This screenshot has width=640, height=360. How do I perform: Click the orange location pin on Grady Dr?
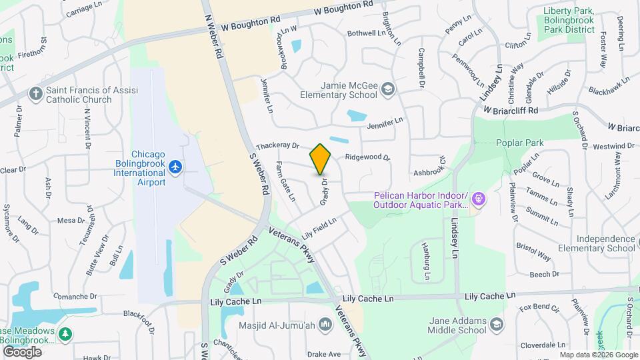[321, 159]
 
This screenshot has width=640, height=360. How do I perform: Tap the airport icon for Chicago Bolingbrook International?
[175, 166]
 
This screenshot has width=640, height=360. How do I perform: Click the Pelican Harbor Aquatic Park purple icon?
[480, 199]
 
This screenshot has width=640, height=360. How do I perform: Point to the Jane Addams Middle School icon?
[495, 325]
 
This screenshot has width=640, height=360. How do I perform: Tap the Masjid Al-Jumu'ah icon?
[325, 325]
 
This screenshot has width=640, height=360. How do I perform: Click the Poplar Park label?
[520, 143]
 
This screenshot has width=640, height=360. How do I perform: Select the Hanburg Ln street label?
[425, 260]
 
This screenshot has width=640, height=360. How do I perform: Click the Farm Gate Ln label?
[285, 181]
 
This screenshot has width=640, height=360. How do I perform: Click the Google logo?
[22, 352]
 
